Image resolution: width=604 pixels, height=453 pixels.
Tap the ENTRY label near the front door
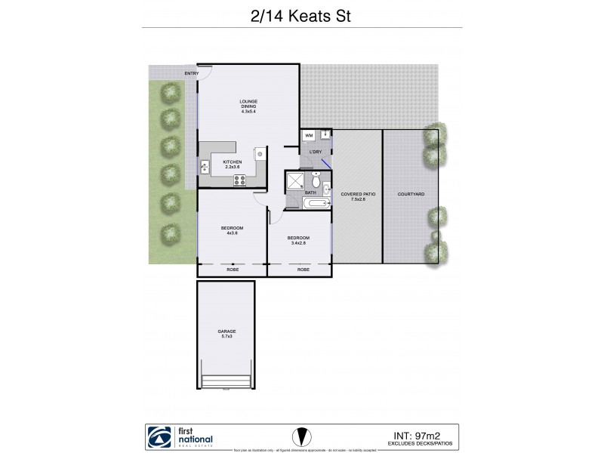coord(192,73)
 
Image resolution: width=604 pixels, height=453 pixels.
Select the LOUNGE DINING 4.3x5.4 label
coord(248,106)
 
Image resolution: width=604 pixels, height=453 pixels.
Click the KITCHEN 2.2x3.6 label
coord(233,165)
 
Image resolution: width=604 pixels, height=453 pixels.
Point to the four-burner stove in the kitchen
coord(241,180)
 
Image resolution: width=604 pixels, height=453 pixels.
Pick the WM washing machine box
coord(309,136)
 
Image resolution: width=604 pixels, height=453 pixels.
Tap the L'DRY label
coord(316,152)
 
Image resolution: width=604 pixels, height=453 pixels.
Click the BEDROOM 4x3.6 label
coord(232,230)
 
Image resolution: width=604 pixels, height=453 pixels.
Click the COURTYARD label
coord(411,194)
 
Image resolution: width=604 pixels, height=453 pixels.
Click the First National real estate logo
coord(181,437)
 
